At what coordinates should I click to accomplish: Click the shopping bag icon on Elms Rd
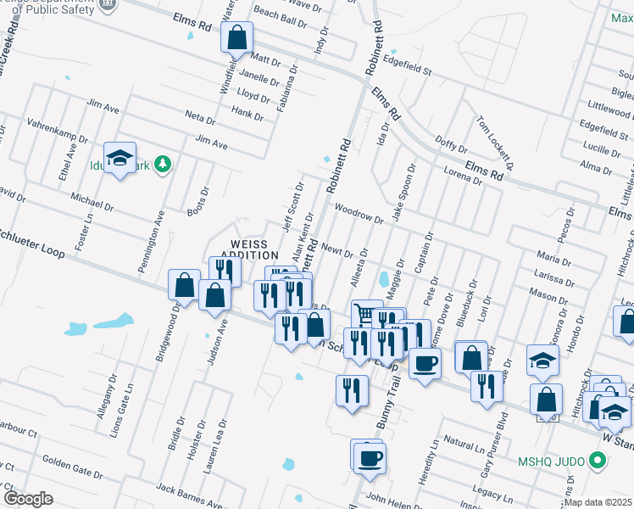point(237,37)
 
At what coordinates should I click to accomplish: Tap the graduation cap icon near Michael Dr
point(120,157)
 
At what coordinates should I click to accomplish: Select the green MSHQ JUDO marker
point(598,461)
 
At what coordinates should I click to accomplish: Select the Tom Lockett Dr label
point(496,139)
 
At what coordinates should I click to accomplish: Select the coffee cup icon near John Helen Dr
point(369,458)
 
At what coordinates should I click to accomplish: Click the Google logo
point(28,499)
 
